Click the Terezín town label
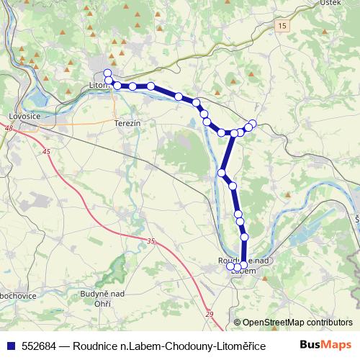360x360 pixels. [x=126, y=123]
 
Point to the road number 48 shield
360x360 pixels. [x=9, y=128]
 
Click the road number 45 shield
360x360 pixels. [x=47, y=152]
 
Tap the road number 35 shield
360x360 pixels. [x=150, y=242]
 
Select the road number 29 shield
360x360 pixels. [x=209, y=314]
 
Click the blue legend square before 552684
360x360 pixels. [x=10, y=345]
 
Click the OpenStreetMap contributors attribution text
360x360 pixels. [x=297, y=323]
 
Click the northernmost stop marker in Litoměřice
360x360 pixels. [x=107, y=72]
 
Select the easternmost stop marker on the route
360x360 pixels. [x=253, y=123]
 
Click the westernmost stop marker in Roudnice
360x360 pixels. [x=230, y=266]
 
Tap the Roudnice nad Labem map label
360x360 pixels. [x=243, y=261]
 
